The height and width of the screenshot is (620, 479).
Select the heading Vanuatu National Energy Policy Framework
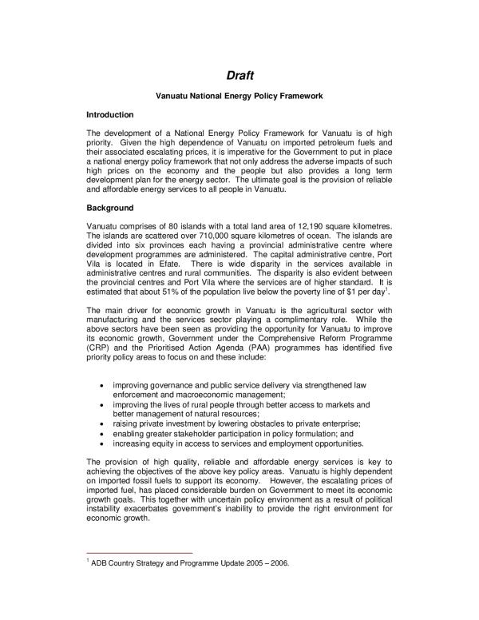pyautogui.click(x=239, y=97)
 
